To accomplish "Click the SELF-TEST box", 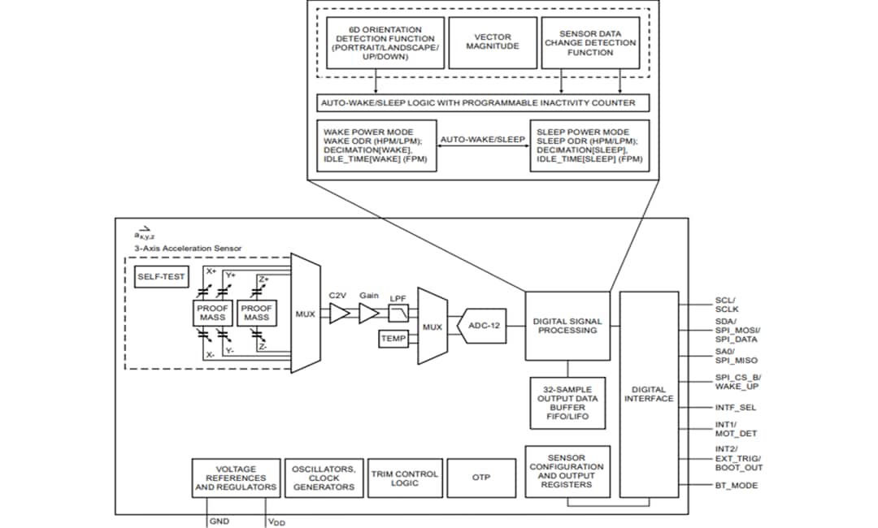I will (161, 277).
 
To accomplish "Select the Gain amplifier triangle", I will (369, 313).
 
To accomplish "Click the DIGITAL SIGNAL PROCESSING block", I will (567, 325).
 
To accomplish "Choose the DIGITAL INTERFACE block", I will (648, 394).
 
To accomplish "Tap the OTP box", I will (481, 478).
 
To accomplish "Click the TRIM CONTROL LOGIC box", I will (404, 478).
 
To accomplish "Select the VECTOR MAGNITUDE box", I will (492, 41).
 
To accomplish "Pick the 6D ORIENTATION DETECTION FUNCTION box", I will (385, 41).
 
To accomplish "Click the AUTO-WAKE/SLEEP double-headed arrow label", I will (483, 139).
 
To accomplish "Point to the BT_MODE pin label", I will (737, 485).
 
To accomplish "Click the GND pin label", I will (219, 520).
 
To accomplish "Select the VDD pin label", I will (276, 521).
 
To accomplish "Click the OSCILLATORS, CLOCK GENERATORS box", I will (323, 478).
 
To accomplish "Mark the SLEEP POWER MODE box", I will (590, 145).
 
